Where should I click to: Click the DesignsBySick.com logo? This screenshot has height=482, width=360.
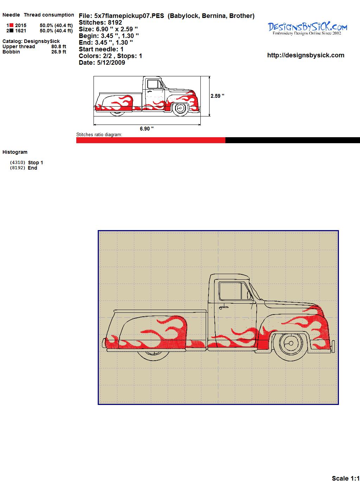(x=307, y=28)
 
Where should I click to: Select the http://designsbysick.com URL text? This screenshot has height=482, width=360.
(x=306, y=55)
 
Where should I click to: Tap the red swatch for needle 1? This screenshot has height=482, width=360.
(x=12, y=25)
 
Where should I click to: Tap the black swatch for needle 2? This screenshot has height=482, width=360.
(x=12, y=31)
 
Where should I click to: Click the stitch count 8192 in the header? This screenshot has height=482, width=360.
(x=115, y=23)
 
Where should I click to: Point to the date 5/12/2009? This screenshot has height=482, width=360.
(x=111, y=63)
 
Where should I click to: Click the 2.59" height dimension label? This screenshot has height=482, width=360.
(x=217, y=96)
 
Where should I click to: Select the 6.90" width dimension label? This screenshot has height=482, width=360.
(x=147, y=128)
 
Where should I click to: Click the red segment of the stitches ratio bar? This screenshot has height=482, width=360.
(x=151, y=140)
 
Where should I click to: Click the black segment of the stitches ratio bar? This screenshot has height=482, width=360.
(x=292, y=140)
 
